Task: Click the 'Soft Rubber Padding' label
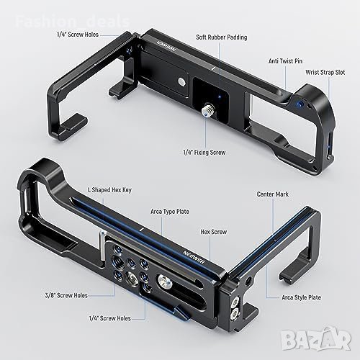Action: point(222,37)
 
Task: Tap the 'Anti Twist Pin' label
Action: point(285,61)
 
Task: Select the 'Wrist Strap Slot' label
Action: point(325,73)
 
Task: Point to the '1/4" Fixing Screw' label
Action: point(204,153)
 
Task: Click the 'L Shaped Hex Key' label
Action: point(109,190)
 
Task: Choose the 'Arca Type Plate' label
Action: point(170,212)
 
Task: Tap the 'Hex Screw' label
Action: point(214,232)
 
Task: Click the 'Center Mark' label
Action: point(273,194)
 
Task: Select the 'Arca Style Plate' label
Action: point(301,297)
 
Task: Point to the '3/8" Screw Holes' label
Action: point(66,295)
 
